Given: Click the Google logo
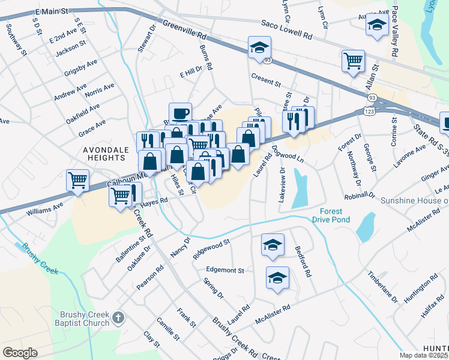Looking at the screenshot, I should tap(19, 353).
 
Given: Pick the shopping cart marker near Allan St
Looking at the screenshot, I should tap(353, 60).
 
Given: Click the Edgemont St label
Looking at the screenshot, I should tap(224, 270).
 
